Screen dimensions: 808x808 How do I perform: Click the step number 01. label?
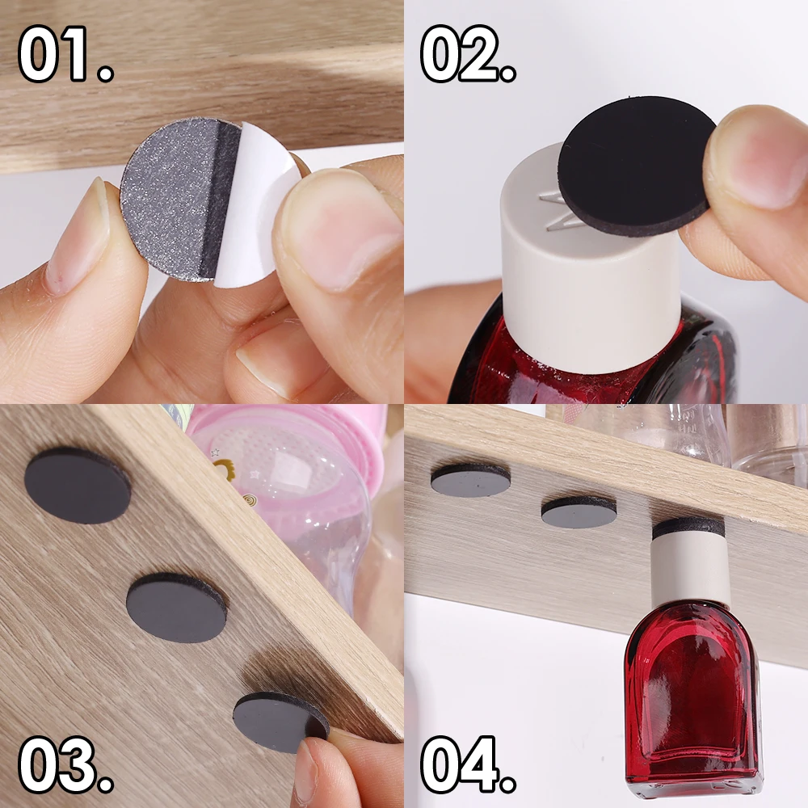coord(65,53)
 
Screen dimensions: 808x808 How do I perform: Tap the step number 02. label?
coord(468,53)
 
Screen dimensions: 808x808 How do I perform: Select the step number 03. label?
coord(65,764)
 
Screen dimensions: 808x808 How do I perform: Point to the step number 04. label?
coord(468,764)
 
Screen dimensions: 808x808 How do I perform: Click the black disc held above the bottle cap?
coord(638,165)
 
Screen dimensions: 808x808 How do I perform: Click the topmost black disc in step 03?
coord(78,486)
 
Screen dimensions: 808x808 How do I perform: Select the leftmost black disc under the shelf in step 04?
coord(470,480)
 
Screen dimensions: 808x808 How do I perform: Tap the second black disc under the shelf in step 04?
coord(579,513)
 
